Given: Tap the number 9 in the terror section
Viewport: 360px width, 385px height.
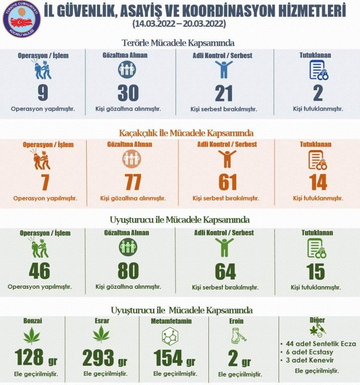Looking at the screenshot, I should tap(42, 93).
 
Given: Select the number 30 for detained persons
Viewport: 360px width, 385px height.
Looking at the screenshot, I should tap(128, 93).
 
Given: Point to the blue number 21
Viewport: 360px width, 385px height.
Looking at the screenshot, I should tap(223, 93).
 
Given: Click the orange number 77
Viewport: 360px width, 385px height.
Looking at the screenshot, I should tap(132, 182).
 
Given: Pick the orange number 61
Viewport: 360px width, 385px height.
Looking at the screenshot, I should tap(227, 182).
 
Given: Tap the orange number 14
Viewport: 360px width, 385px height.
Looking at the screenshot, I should tap(318, 182).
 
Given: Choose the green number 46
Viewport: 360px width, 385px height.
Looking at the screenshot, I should tap(39, 272).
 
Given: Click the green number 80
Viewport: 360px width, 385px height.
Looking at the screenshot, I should tap(128, 272).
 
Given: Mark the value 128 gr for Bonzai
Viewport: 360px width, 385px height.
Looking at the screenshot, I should tap(36, 358).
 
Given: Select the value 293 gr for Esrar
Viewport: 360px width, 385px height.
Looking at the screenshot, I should tap(105, 358).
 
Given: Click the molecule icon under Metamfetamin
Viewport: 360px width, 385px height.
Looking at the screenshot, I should tap(170, 336).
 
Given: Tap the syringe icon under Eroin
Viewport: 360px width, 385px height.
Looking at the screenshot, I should tap(239, 335).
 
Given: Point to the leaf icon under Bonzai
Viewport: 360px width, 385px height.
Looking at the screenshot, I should tap(32, 336).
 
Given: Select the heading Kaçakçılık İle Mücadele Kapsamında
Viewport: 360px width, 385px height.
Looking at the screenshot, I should tap(186, 133).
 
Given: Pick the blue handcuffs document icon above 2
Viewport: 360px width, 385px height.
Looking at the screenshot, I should tap(319, 70).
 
